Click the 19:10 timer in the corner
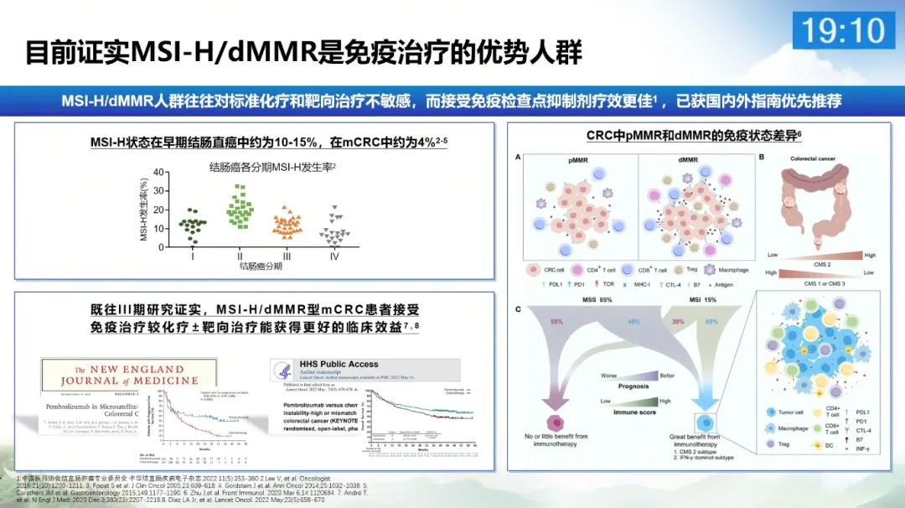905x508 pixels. (843, 31)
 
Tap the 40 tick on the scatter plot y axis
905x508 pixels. (158, 173)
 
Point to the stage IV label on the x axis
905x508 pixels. (334, 255)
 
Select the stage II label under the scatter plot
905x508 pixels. (240, 255)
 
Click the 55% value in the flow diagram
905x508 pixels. (556, 322)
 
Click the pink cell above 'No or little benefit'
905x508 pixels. (556, 423)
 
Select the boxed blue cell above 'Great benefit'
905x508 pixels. (703, 423)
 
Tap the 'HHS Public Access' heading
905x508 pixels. (339, 365)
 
